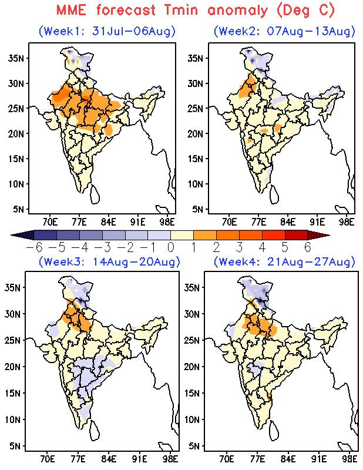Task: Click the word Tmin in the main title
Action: click(181, 10)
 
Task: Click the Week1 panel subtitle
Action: click(107, 31)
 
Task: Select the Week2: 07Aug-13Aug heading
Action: click(284, 31)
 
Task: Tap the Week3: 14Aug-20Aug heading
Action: click(109, 261)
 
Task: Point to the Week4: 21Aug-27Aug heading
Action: click(284, 261)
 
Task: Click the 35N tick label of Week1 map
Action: click(16, 58)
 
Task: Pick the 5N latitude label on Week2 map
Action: click(197, 209)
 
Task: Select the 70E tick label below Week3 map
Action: click(47, 459)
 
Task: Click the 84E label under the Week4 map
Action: click(288, 459)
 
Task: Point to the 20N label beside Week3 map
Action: click(12, 367)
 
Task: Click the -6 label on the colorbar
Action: click(34, 248)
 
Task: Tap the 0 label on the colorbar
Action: click(170, 248)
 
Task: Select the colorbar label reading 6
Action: click(308, 248)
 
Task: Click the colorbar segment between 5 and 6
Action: click(296, 235)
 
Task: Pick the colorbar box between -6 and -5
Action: click(45, 235)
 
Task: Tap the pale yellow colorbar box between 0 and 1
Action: click(182, 235)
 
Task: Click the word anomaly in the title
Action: click(237, 11)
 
